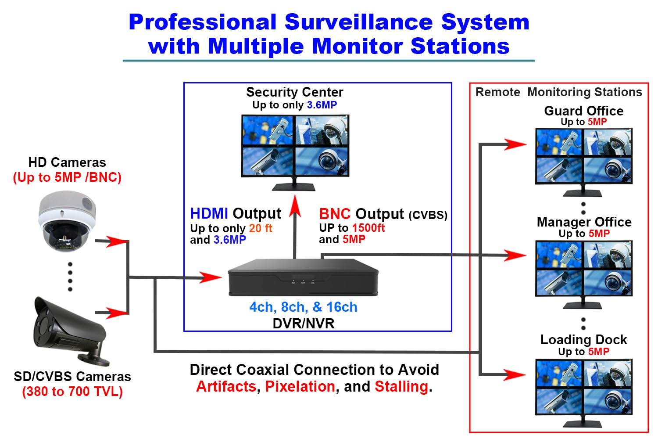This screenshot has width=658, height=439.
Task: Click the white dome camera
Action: click(67, 221)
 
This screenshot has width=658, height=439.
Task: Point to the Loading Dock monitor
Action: click(583, 387)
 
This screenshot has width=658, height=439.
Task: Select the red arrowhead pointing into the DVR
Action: click(211, 277)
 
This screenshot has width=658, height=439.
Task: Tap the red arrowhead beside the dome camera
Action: click(116, 241)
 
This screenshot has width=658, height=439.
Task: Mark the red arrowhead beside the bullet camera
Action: click(116, 313)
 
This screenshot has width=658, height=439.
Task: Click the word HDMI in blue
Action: click(209, 214)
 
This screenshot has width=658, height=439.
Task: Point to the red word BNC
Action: click(335, 214)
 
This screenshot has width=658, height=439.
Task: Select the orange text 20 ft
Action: click(261, 228)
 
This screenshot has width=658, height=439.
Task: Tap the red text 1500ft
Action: click(368, 228)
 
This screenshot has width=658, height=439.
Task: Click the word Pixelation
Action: click(300, 386)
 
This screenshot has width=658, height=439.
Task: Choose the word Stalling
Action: click(401, 386)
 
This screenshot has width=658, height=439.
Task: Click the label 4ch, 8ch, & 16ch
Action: click(303, 307)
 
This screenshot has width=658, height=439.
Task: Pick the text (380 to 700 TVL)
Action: click(72, 391)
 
